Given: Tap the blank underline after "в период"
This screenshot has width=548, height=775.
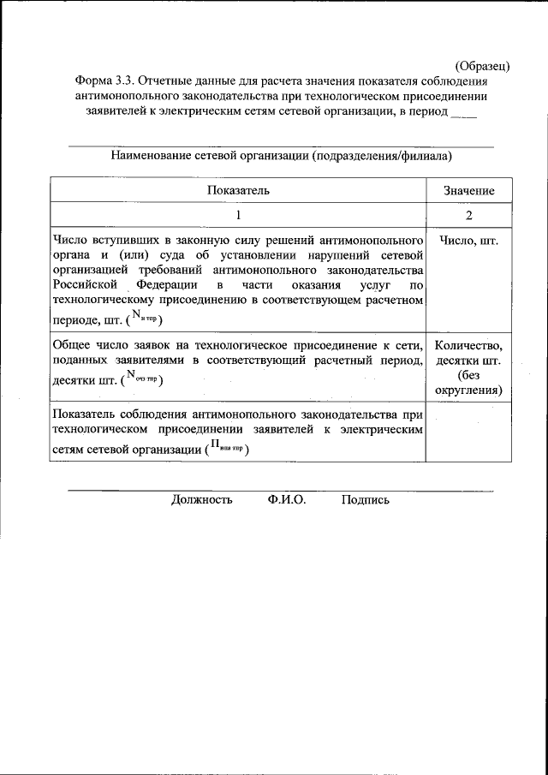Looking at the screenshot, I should [x=463, y=111].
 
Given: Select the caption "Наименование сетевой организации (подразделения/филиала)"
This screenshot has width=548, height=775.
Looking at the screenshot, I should [x=281, y=156].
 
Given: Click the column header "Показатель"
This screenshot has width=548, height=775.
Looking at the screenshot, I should [x=238, y=191].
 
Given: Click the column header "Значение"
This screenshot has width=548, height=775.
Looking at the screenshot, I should [x=468, y=191].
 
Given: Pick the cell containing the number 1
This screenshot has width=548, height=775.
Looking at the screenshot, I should [x=238, y=215].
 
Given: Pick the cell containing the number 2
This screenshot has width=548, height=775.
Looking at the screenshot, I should [x=468, y=215].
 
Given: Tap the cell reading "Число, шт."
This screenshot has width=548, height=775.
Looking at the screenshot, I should [x=468, y=241].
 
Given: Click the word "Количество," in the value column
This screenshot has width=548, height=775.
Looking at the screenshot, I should [x=468, y=345].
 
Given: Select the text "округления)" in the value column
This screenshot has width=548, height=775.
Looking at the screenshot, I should [x=468, y=390].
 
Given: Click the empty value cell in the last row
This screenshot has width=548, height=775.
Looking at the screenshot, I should [x=468, y=434].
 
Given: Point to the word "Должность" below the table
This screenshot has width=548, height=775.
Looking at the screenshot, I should [x=201, y=500].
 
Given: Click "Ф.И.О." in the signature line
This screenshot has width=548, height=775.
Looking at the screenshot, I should [x=287, y=500].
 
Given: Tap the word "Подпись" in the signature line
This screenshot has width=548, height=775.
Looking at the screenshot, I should [x=365, y=500].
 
